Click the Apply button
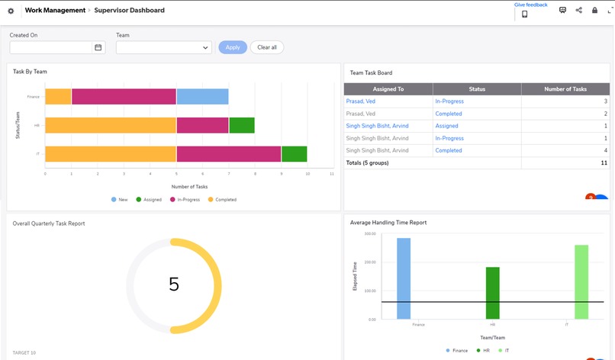[233, 47]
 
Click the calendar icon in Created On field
[98, 47]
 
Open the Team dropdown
[163, 47]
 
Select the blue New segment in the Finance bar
[202, 96]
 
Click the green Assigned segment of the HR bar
[242, 125]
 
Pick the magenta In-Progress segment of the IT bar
[229, 154]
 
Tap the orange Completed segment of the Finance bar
[58, 96]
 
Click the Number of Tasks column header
[565, 89]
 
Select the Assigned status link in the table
[446, 126]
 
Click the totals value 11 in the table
[604, 162]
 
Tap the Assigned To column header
[388, 89]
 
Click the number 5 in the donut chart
[173, 284]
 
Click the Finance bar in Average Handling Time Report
[404, 278]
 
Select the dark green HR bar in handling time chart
[493, 293]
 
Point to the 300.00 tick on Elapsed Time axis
[369, 234]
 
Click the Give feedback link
[530, 5]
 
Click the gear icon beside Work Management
[11, 11]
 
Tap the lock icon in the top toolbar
[594, 11]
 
